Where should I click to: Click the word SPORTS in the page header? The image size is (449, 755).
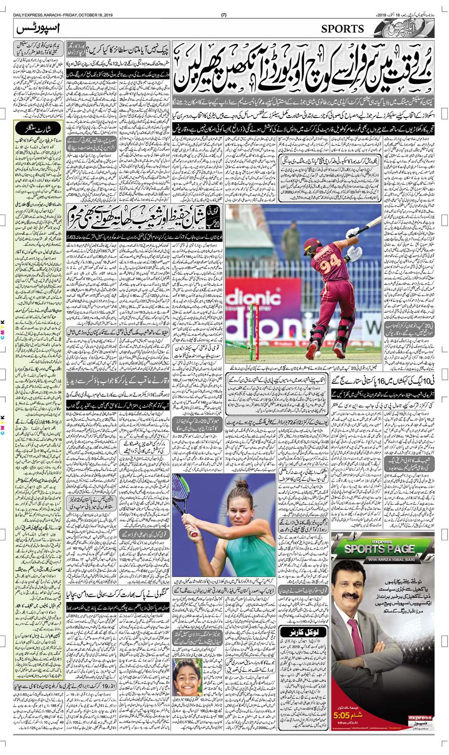pyautogui.click(x=342, y=29)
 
